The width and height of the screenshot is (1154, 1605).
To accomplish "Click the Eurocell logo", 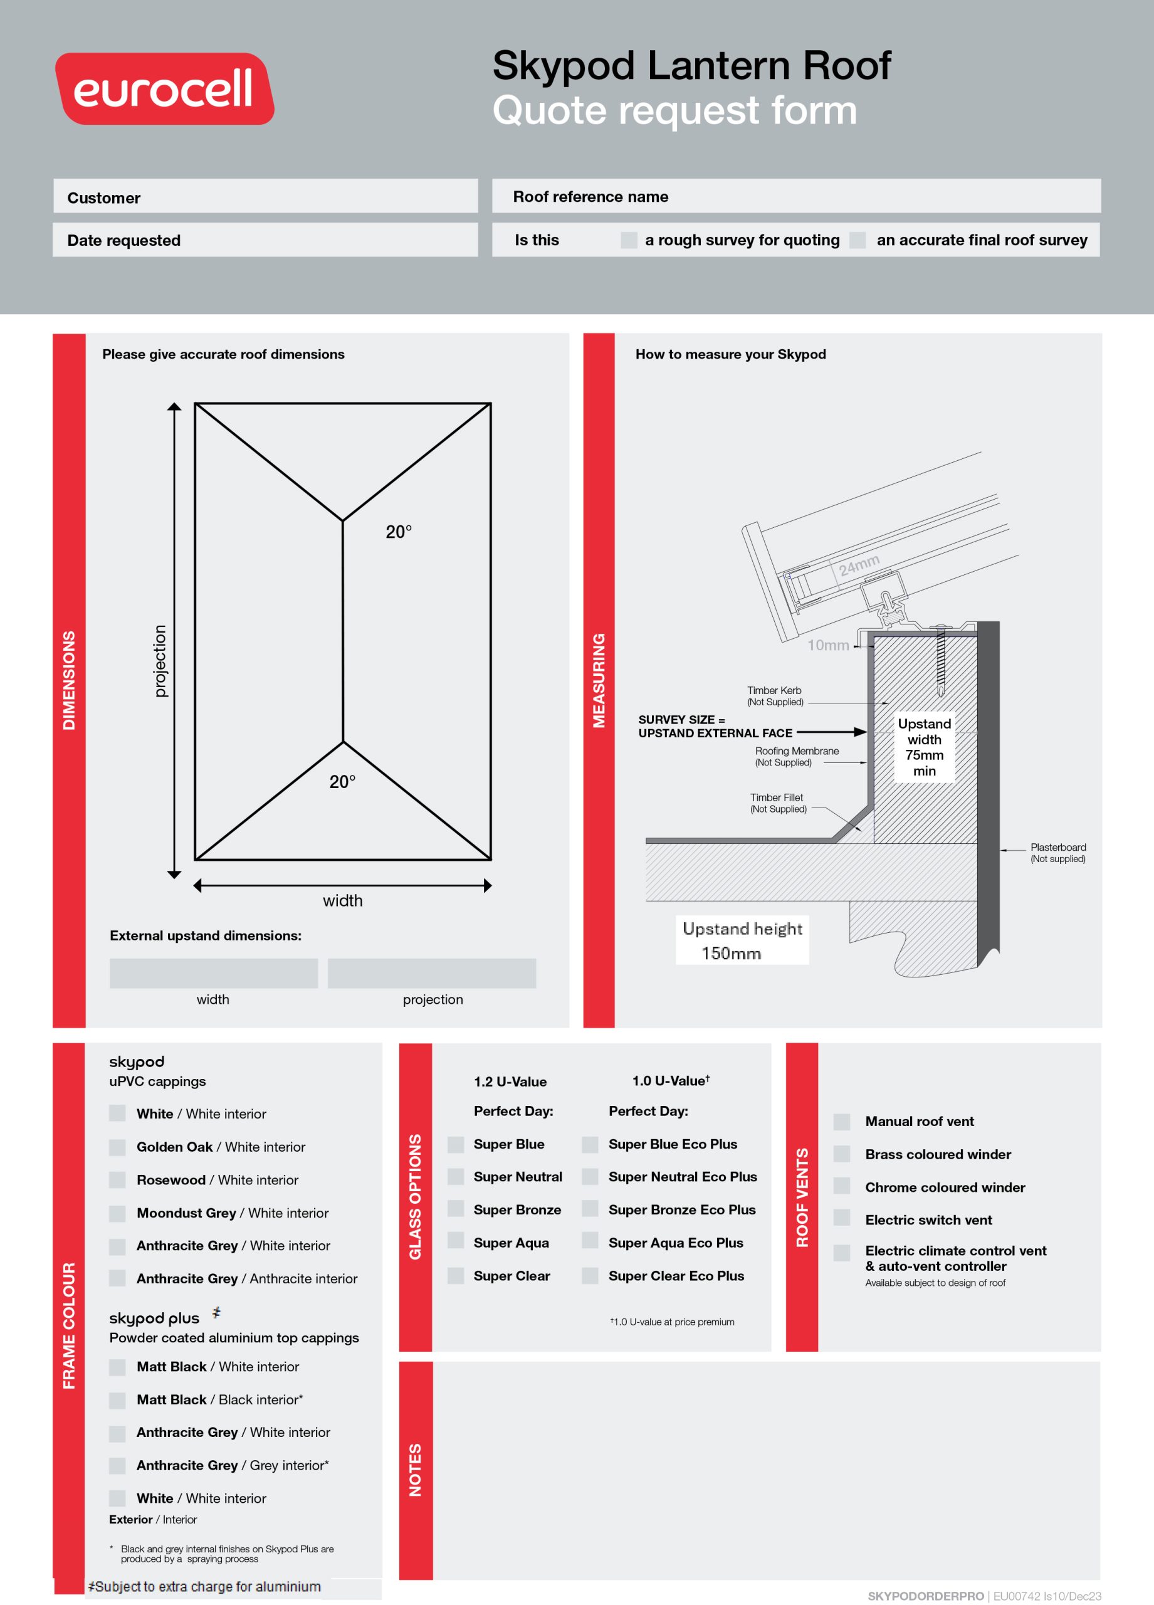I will click(164, 89).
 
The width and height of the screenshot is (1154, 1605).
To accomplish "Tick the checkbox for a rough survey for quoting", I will click(628, 241).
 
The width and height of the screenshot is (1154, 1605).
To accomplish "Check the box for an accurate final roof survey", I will click(857, 241).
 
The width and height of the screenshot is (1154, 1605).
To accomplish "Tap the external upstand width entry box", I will click(213, 973).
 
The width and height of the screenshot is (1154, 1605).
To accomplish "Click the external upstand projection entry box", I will click(432, 973).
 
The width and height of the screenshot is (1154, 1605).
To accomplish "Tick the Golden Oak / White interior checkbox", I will click(117, 1147).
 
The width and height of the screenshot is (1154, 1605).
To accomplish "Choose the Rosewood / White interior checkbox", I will click(117, 1180).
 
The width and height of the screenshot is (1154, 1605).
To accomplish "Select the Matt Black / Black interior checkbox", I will click(117, 1400).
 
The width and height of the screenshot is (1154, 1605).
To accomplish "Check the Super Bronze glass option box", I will click(456, 1209).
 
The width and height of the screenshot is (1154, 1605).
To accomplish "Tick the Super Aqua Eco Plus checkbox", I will click(589, 1242).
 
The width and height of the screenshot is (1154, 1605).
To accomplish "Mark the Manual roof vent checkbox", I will click(841, 1122).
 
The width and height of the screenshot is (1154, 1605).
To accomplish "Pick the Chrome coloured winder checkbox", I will click(841, 1187).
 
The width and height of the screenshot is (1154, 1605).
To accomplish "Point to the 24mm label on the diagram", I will click(859, 565).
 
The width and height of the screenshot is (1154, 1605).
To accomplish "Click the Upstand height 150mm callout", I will click(742, 940).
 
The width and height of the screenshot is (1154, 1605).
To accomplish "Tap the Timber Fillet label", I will click(777, 802).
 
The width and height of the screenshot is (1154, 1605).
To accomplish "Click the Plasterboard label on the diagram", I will click(1057, 852).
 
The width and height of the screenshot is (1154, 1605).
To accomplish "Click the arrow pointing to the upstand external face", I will click(831, 732).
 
